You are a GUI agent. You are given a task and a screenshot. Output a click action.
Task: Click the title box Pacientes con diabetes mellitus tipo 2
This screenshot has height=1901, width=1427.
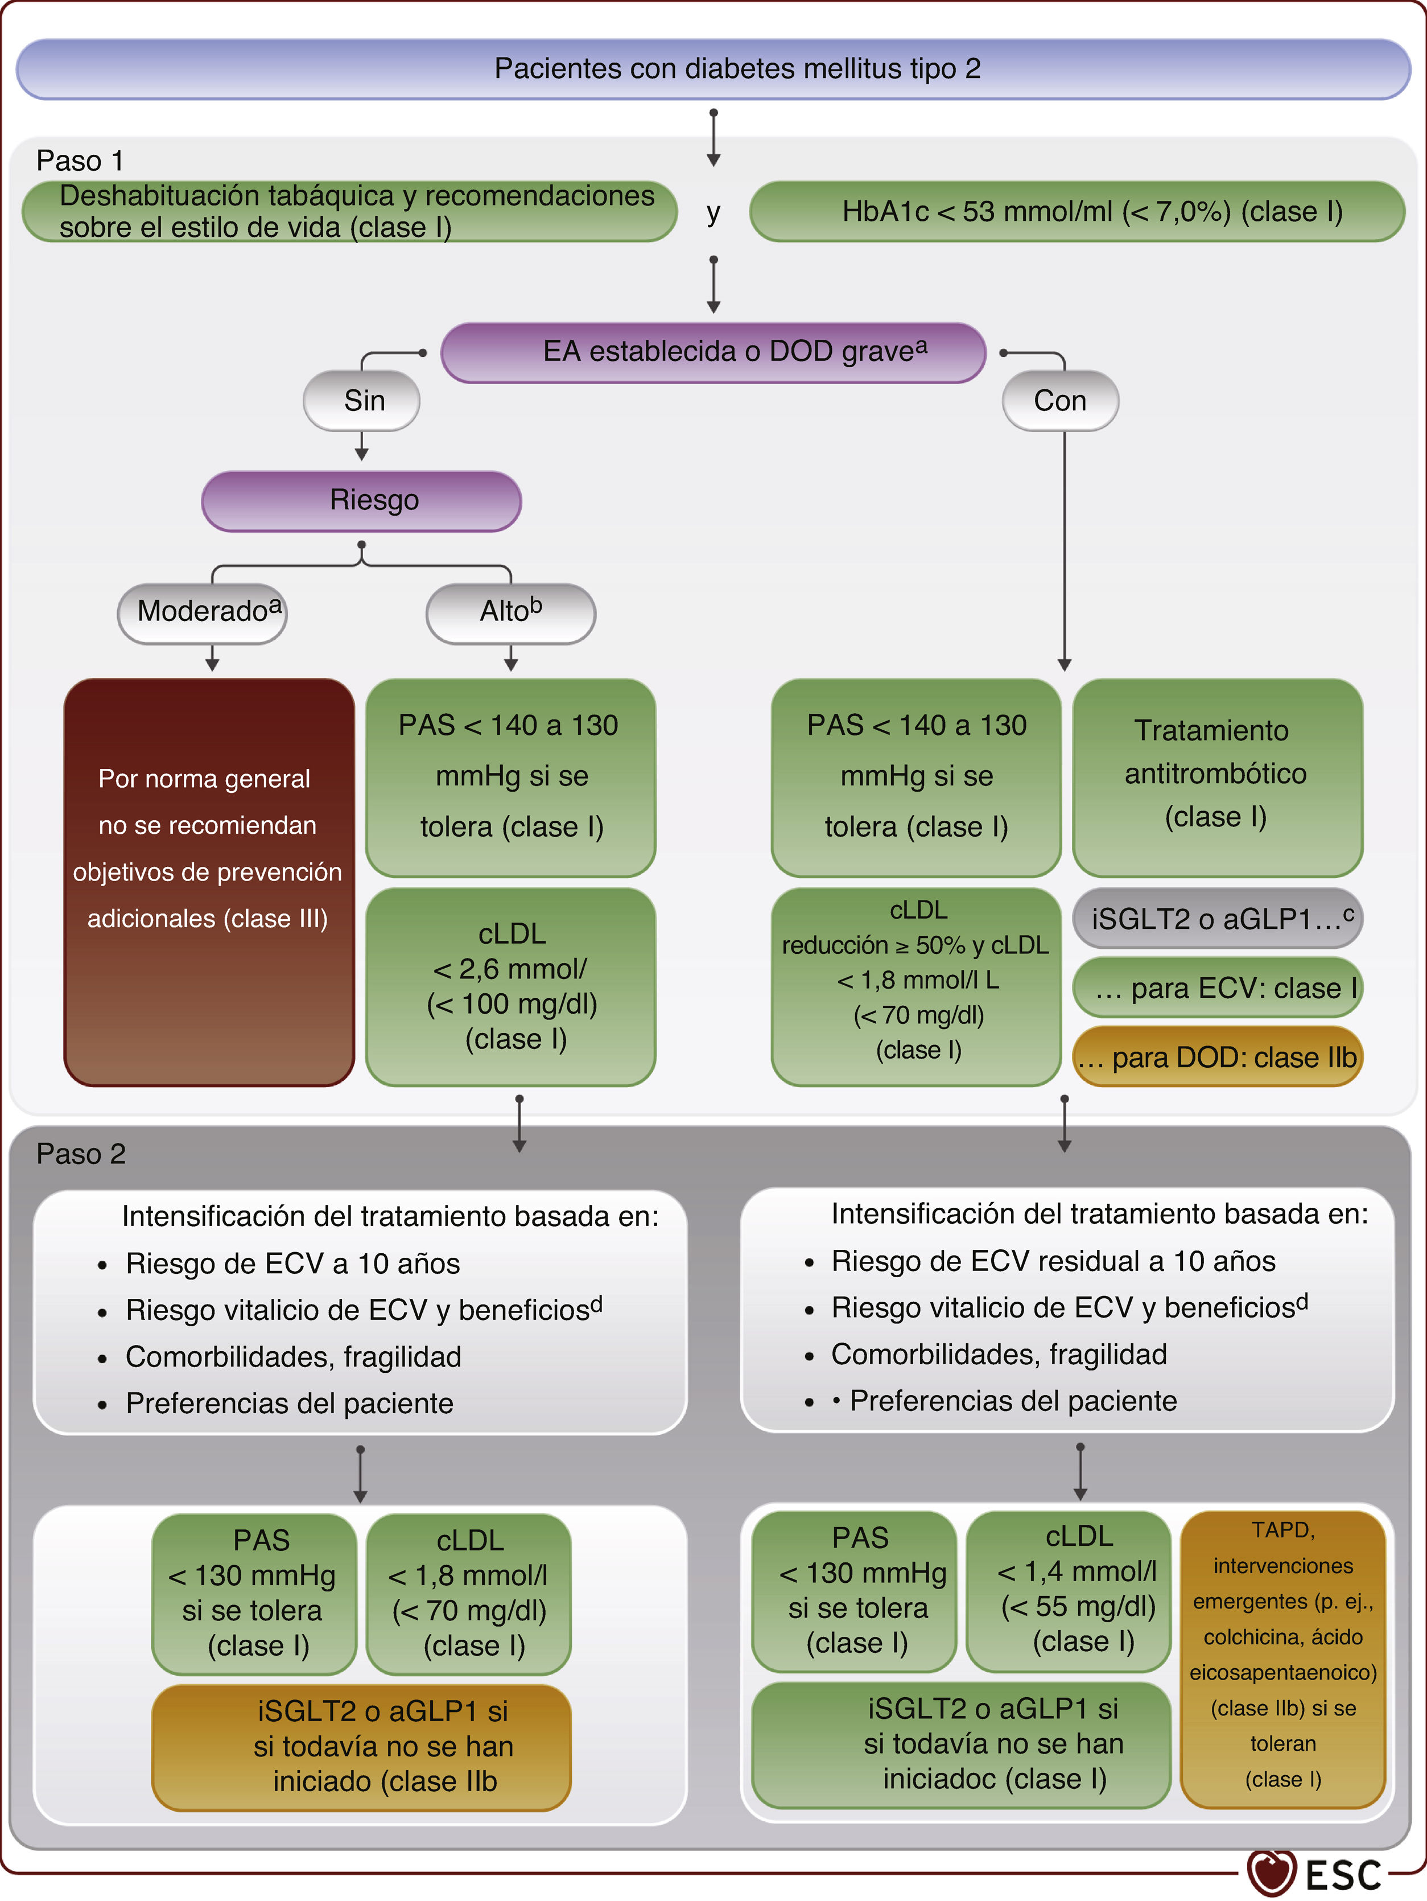point(713,69)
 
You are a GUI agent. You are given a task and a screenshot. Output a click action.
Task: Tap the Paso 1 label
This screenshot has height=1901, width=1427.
point(80,161)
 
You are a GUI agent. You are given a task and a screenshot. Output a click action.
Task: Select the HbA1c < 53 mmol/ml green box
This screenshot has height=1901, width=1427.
point(1077,211)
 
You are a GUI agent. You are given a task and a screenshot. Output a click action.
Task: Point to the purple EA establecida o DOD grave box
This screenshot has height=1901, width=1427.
point(713,352)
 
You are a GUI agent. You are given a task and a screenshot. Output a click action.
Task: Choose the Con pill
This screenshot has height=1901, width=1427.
point(1060,401)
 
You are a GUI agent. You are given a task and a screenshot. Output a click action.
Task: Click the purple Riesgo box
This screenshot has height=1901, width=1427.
point(362,501)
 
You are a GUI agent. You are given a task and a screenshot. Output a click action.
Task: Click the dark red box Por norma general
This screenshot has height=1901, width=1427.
point(209,882)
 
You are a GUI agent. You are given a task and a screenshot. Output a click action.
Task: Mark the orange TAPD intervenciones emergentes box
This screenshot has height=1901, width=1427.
point(1282,1659)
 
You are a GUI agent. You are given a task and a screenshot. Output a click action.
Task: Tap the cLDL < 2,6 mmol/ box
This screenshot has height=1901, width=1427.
point(511,986)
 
